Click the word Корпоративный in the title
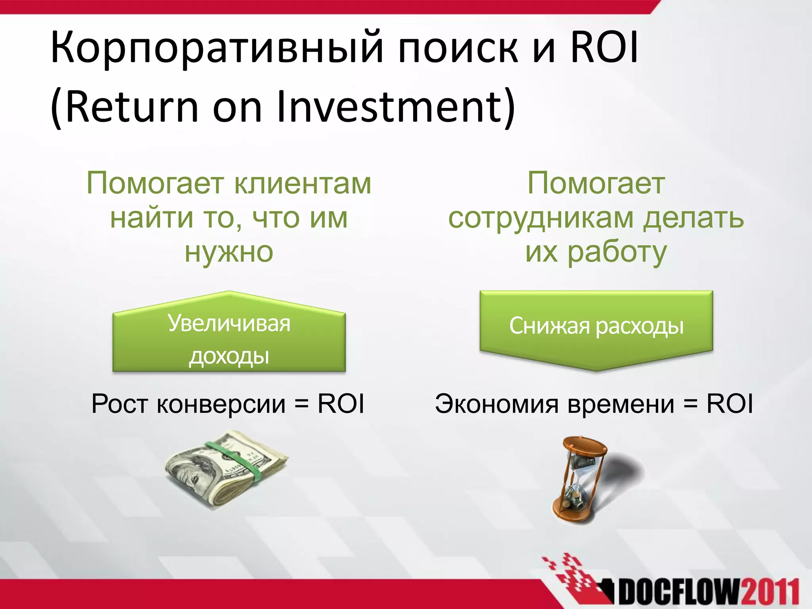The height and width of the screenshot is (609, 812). tap(216, 48)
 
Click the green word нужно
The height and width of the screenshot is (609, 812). tap(229, 252)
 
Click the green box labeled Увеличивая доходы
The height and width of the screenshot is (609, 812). tap(229, 339)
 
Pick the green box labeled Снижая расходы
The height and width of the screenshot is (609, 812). tap(596, 326)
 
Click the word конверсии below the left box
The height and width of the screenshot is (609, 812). tap(221, 404)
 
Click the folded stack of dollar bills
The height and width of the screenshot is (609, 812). tap(226, 470)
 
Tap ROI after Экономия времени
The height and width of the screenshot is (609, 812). tap(730, 404)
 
